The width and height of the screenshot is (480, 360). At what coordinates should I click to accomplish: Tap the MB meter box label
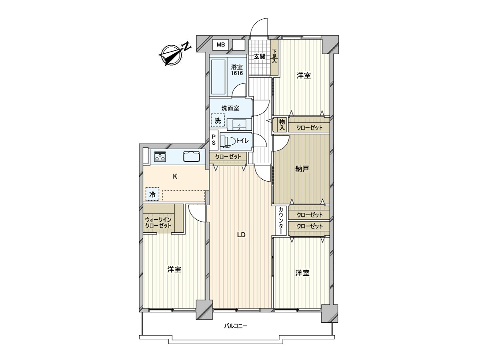pyautogui.click(x=220, y=44)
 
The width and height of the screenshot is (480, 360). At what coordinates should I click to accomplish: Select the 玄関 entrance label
pyautogui.click(x=259, y=56)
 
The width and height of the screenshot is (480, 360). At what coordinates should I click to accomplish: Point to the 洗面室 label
pyautogui.click(x=230, y=108)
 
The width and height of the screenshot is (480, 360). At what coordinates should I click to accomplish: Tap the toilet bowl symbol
pyautogui.click(x=228, y=141)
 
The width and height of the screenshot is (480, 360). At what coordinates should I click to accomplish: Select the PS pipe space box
pyautogui.click(x=214, y=140)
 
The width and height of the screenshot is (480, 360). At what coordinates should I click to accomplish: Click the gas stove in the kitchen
pyautogui.click(x=160, y=156)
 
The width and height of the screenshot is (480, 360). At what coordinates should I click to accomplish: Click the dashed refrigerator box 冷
pyautogui.click(x=152, y=194)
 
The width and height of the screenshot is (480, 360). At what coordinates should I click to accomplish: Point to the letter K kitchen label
pyautogui.click(x=175, y=176)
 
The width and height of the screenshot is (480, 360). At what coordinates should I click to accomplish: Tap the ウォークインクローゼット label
pyautogui.click(x=158, y=223)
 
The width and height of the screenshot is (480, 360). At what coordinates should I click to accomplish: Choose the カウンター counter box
pyautogui.click(x=281, y=221)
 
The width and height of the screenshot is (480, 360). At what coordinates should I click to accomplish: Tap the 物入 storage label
pyautogui.click(x=282, y=124)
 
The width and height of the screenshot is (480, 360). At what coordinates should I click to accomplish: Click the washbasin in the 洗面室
pyautogui.click(x=240, y=125)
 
